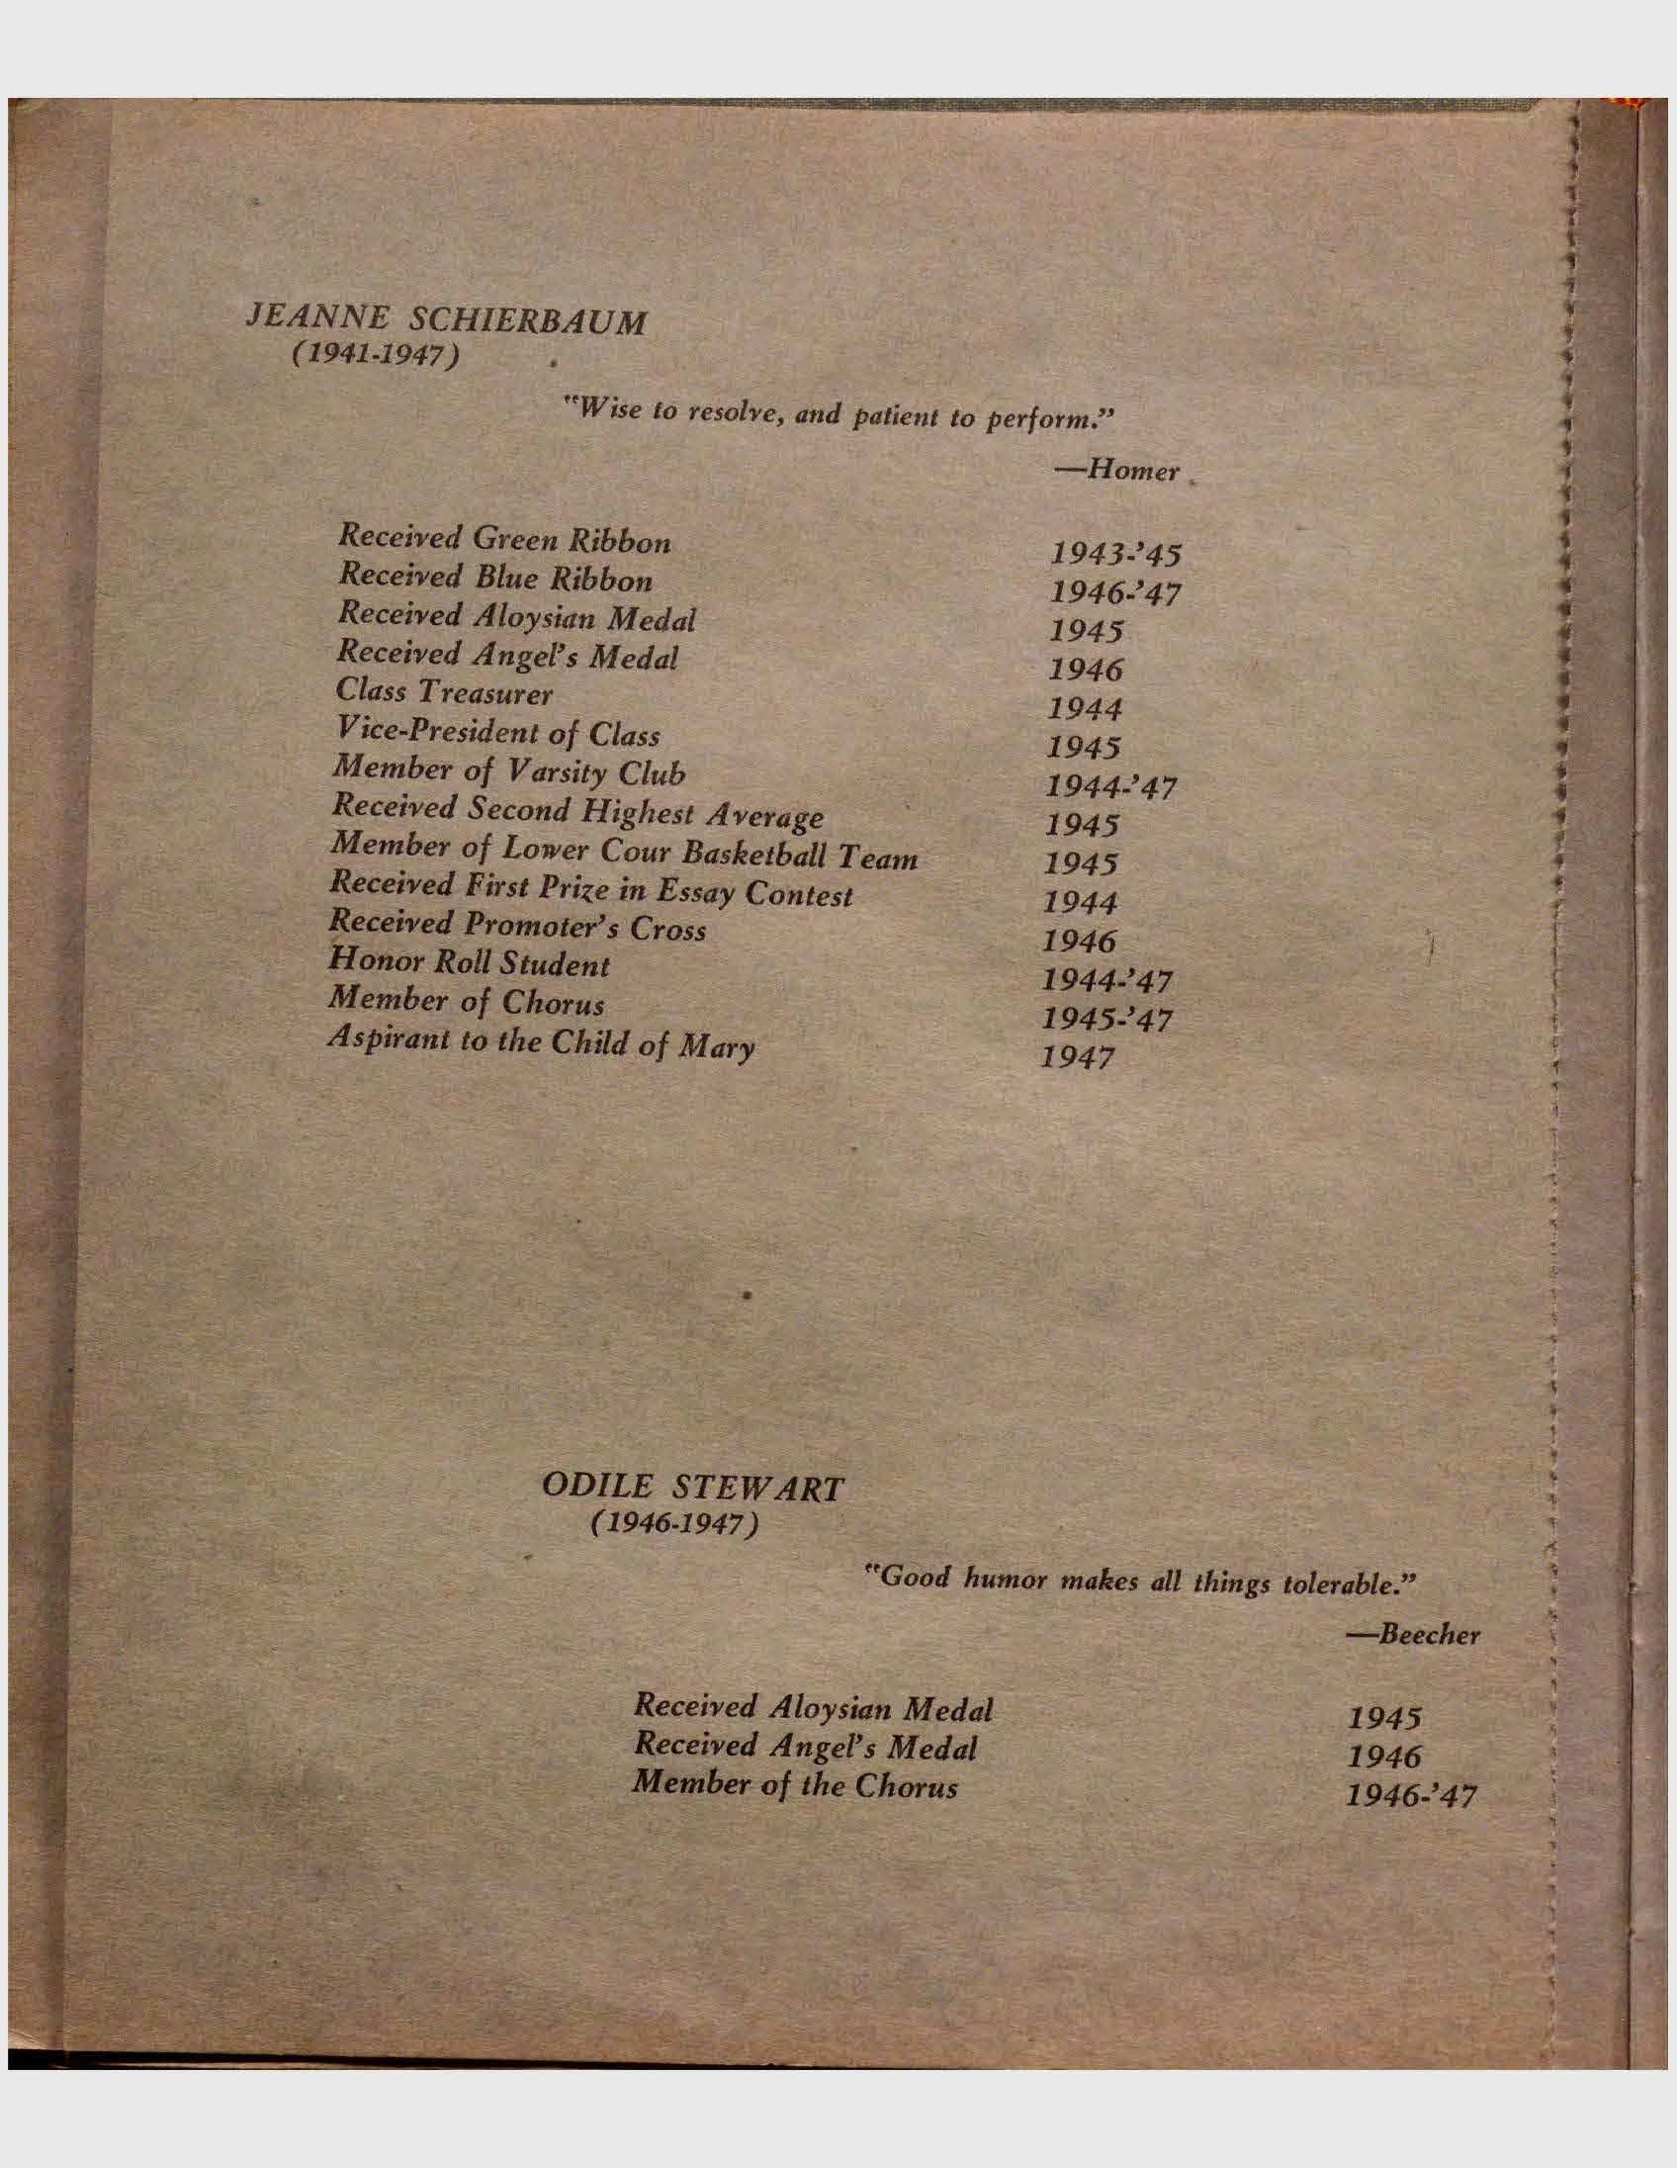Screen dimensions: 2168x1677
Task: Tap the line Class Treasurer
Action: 444,691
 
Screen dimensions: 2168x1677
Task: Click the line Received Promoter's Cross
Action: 517,926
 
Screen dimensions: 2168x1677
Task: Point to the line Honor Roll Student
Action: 469,963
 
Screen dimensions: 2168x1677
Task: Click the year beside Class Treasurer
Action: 1086,709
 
